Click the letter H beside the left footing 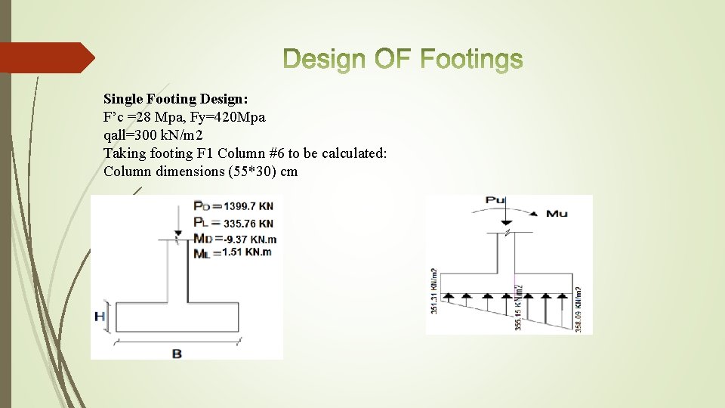click(100, 317)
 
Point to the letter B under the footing click(177, 353)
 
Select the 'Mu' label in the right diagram click(557, 214)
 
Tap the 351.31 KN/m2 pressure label click(433, 291)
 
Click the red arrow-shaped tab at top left click(45, 57)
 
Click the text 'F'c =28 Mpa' click(139, 117)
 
